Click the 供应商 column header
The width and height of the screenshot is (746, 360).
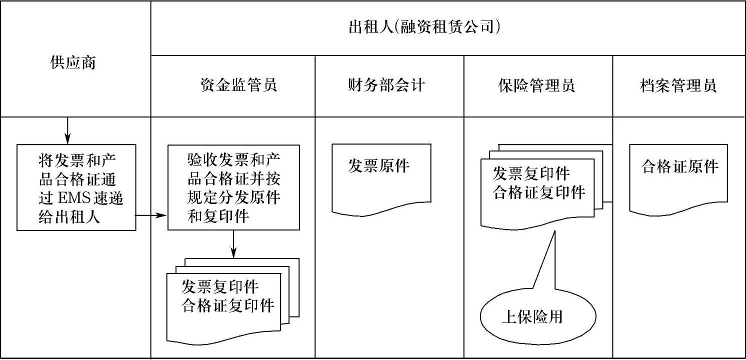coord(73,63)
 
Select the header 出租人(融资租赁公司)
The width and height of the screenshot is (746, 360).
coord(424,27)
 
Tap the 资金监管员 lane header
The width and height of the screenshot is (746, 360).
coord(238,85)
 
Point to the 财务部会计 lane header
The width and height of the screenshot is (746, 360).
coord(386,85)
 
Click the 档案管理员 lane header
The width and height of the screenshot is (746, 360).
coord(678,85)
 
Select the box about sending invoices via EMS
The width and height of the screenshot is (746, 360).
coord(76,187)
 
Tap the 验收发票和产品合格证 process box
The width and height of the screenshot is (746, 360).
coord(233,187)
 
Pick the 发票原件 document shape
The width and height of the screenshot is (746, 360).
coord(381,175)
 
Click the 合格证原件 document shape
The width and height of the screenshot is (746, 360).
coord(678,175)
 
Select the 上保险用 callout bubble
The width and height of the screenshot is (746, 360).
coord(537,316)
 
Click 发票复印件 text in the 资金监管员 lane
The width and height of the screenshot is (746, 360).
coord(220,287)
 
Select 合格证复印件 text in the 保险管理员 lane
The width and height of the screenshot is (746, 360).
coord(539,192)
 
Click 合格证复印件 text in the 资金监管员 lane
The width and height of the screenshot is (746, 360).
coord(228,305)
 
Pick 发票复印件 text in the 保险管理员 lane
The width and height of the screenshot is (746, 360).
coord(531,174)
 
